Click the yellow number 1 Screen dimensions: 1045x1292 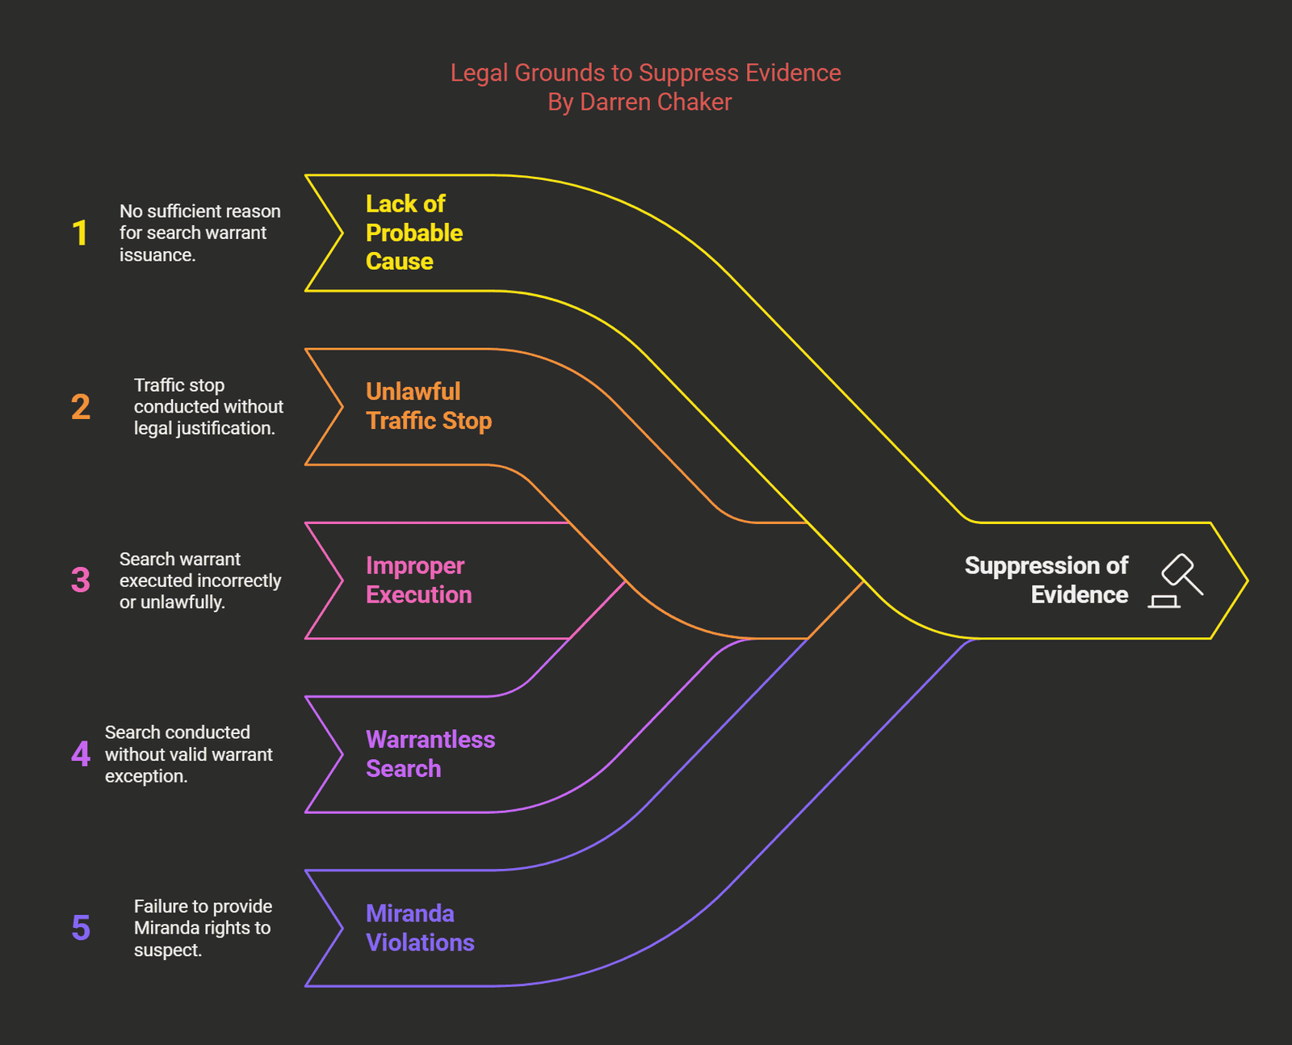(x=80, y=233)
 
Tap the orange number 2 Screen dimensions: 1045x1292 (x=80, y=407)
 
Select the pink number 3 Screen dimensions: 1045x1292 (x=80, y=580)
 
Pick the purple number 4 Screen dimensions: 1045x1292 (x=80, y=754)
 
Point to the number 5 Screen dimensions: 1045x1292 (x=80, y=928)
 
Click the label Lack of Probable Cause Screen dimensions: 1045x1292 (x=413, y=233)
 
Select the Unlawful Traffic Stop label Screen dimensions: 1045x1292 (x=428, y=406)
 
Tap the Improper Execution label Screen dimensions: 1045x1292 (x=418, y=580)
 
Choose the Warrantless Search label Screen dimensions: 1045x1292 (x=430, y=753)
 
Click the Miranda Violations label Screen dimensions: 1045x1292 (x=419, y=928)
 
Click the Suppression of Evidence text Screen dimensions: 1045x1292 (x=1047, y=580)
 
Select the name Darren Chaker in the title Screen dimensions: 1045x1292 (x=656, y=103)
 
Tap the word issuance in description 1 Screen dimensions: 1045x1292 (x=157, y=255)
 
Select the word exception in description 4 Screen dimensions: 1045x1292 (x=145, y=776)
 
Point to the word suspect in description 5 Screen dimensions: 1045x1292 (x=167, y=951)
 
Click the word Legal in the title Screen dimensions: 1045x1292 (x=479, y=73)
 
